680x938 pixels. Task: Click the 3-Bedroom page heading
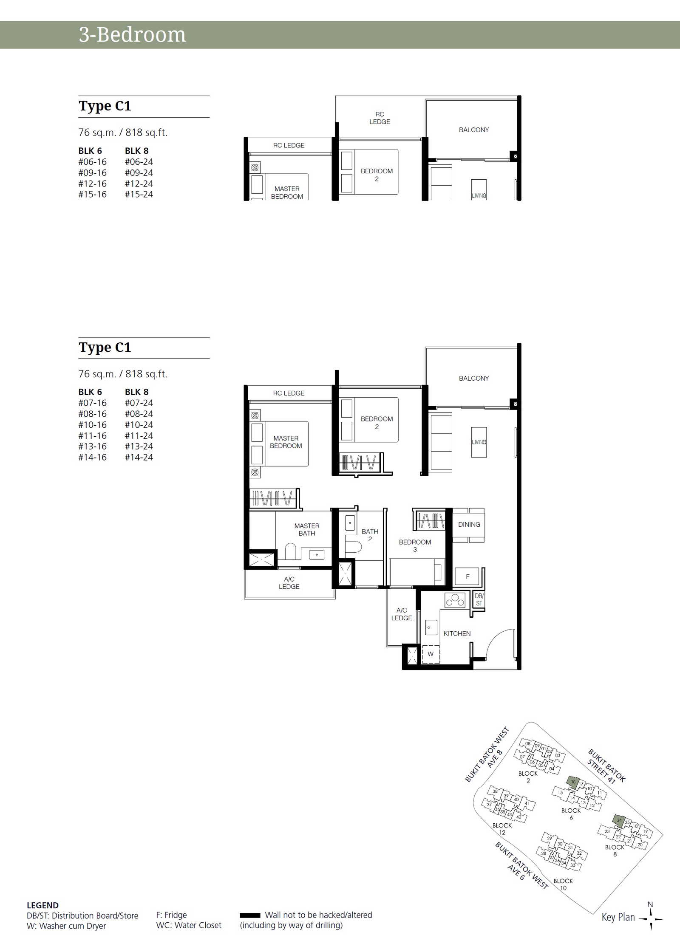[x=132, y=34]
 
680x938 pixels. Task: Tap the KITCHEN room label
[x=457, y=633]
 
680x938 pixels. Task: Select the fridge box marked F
[x=467, y=576]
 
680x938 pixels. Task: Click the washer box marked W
[x=431, y=654]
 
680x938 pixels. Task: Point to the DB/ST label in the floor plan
[x=479, y=599]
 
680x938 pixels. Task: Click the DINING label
[x=469, y=525]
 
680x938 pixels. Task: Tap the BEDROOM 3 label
[x=415, y=546]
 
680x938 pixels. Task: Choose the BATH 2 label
[x=370, y=535]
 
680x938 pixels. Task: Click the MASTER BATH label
[x=307, y=529]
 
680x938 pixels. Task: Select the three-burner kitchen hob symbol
[x=455, y=600]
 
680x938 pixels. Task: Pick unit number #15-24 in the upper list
[x=139, y=194]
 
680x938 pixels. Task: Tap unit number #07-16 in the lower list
[x=92, y=403]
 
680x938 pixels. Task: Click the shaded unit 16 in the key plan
[x=573, y=781]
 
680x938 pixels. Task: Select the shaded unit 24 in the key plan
[x=619, y=820]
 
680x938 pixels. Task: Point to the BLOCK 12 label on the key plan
[x=502, y=829]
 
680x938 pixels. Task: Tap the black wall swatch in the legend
[x=250, y=915]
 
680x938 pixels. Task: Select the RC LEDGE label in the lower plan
[x=289, y=393]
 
